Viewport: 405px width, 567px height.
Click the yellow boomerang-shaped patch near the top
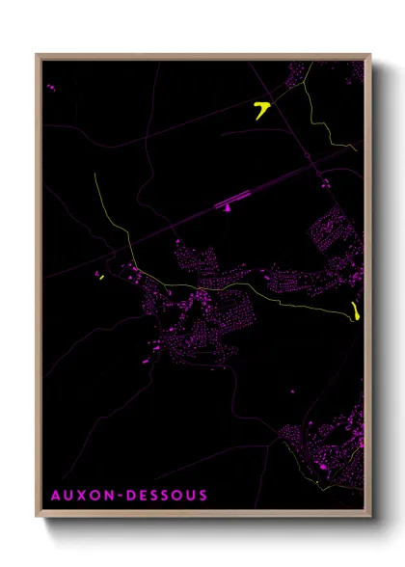coord(260,109)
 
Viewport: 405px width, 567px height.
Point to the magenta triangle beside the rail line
coord(228,206)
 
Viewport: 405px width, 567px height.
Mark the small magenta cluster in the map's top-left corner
coord(51,87)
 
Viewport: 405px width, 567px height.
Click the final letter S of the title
coord(202,496)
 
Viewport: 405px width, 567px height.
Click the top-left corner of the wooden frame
coord(37,54)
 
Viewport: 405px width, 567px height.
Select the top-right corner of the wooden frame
coord(369,54)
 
